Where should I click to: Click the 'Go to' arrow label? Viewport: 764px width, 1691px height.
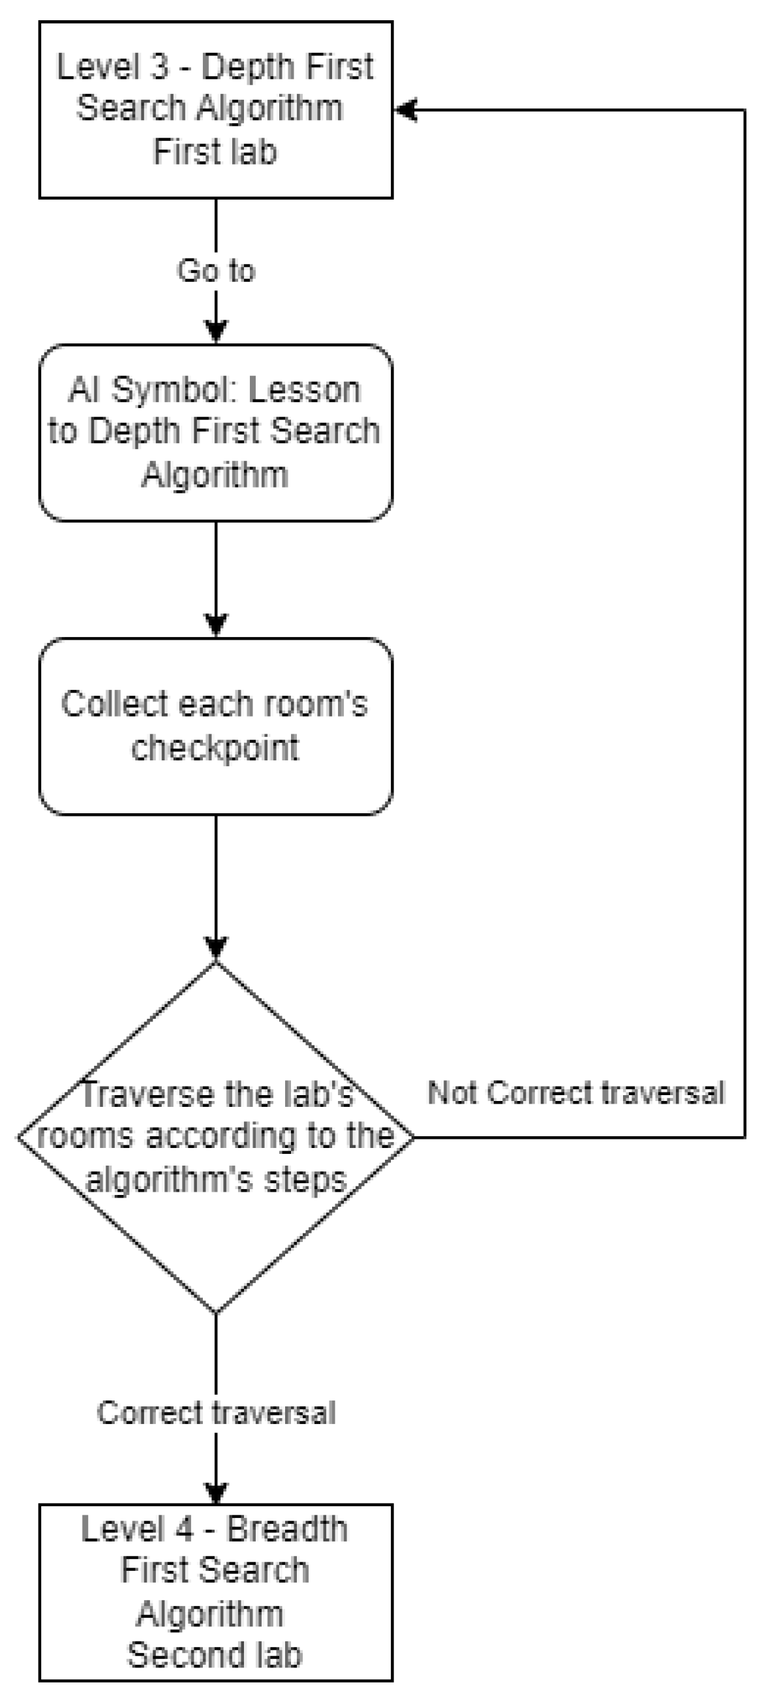tap(215, 270)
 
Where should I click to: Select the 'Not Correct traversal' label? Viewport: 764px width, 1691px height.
tap(575, 1093)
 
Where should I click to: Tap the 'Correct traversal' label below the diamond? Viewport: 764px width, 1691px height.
tap(216, 1413)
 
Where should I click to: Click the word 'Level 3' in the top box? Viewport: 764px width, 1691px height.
tap(112, 67)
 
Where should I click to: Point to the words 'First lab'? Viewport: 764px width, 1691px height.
tap(215, 151)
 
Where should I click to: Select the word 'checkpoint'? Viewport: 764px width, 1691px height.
tap(215, 748)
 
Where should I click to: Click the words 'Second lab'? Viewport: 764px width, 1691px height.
tap(215, 1654)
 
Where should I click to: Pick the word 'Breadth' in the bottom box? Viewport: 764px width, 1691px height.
tap(287, 1530)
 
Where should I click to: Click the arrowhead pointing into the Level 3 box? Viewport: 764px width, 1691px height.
tap(405, 110)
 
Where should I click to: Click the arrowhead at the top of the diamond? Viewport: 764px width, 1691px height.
tap(216, 949)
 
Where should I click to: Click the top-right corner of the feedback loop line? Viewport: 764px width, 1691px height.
tap(745, 110)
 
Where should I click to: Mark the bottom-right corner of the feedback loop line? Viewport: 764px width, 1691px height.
tap(745, 1137)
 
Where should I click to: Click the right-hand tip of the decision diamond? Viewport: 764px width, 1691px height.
tap(413, 1137)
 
